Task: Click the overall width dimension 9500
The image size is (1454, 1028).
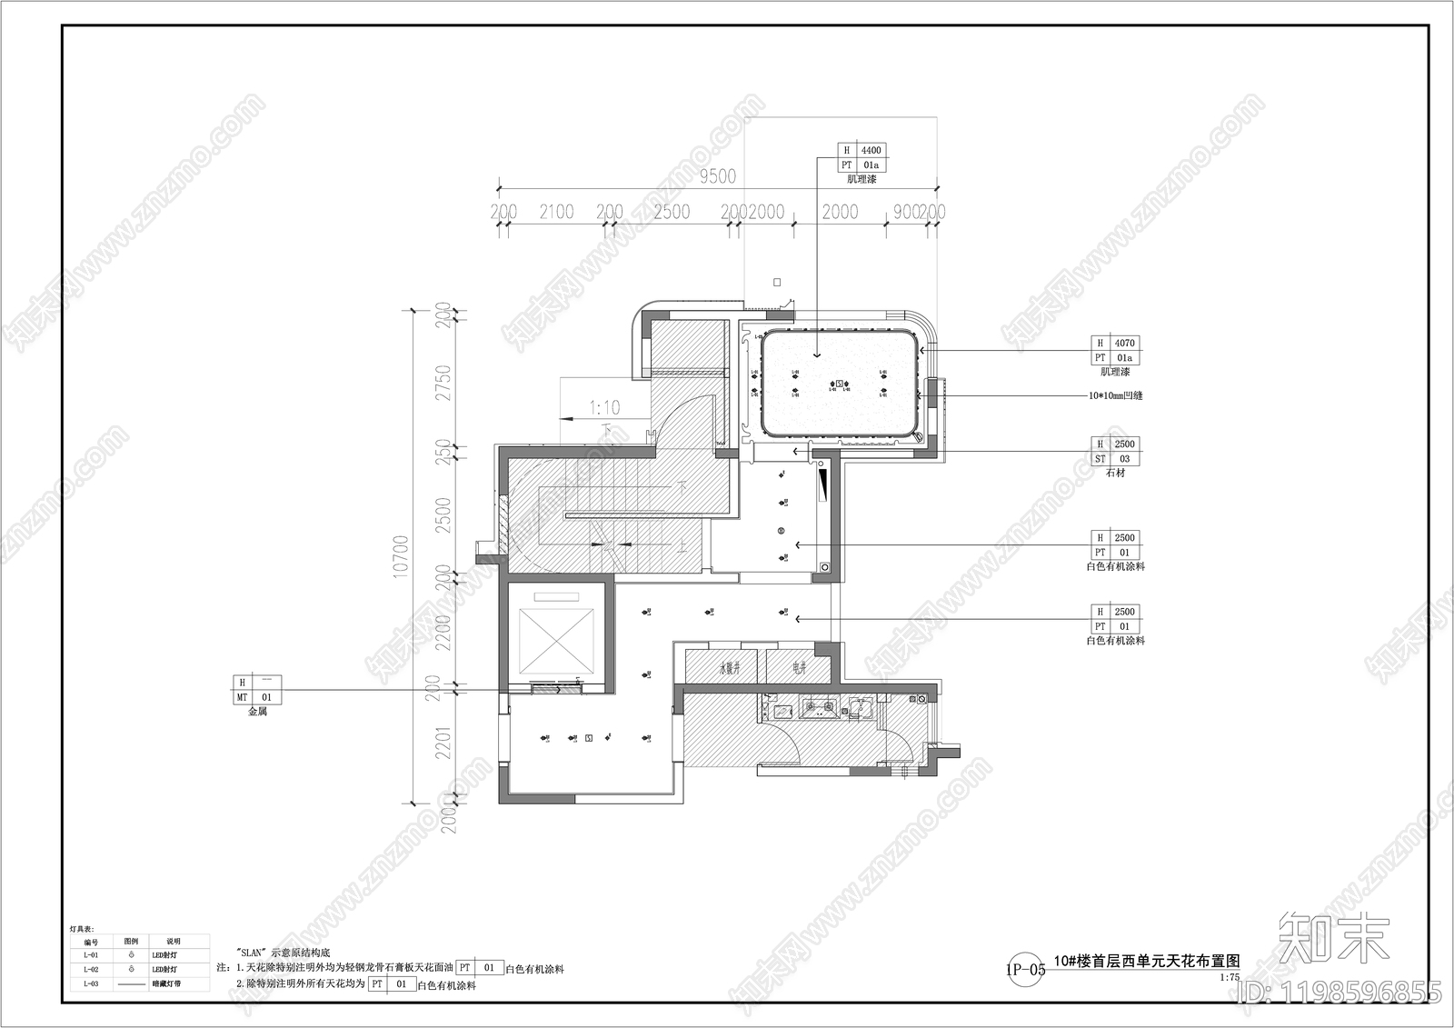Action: tap(717, 176)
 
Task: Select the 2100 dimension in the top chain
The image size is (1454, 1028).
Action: tap(556, 212)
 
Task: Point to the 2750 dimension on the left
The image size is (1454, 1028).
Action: tap(443, 384)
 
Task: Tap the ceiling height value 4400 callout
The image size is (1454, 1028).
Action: tap(871, 151)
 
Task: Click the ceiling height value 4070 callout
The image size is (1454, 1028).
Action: tap(1124, 344)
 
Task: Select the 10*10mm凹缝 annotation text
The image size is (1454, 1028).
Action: tap(1115, 396)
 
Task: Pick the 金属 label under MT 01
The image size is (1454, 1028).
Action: tap(257, 713)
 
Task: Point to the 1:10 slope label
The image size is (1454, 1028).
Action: tap(604, 408)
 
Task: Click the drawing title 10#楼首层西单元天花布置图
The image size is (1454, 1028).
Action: tap(1146, 962)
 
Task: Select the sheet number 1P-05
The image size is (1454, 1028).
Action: tap(1025, 969)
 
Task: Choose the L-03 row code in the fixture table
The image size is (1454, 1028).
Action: tap(91, 984)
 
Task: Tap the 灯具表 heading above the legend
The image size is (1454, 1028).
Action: tap(82, 930)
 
